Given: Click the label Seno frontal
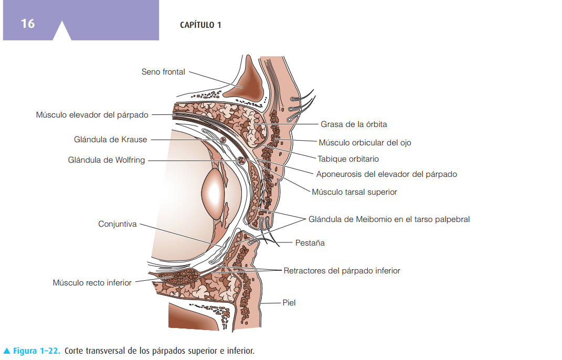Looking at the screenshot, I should pos(163,72).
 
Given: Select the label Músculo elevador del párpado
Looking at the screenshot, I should pos(92,114).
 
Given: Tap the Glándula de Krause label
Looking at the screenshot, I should pos(111,140).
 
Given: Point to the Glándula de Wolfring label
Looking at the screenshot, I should pos(107,160).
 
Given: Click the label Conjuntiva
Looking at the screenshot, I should pos(118,224).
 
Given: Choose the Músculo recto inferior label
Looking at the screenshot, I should pos(92,283).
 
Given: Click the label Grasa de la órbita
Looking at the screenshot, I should pos(354,124).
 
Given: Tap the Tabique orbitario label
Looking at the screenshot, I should pos(348,158).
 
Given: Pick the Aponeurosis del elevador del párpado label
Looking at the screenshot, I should pos(386,174).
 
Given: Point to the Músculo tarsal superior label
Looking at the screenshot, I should pos(354,192).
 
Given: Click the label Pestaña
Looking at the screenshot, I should pos(310,243).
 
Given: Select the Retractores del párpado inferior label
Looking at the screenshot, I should pos(342,271).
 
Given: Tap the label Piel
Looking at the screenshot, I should pos(289,303).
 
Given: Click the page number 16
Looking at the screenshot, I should pos(28,24).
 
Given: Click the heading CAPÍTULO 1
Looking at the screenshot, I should pos(200,25).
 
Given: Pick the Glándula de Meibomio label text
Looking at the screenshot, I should pos(389,219).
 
